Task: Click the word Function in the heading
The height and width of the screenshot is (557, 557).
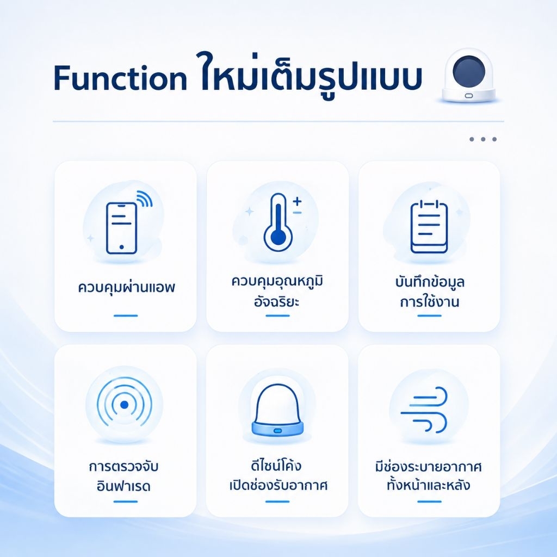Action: [120, 77]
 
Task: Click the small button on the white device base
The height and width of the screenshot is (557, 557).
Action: [469, 96]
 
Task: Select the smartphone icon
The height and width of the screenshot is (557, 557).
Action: [121, 228]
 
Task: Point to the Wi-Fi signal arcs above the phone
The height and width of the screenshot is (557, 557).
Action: [145, 198]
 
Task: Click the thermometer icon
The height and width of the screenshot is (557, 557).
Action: [278, 222]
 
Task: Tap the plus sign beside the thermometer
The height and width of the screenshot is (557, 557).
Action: [297, 201]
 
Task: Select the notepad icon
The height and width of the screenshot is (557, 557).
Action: [429, 227]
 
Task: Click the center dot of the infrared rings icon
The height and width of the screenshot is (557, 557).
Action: [124, 405]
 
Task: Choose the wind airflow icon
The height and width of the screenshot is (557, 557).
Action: [424, 410]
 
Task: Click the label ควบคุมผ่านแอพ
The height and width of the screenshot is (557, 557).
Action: [126, 287]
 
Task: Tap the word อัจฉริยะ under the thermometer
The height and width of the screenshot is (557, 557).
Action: [277, 301]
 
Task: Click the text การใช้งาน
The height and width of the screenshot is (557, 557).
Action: [429, 301]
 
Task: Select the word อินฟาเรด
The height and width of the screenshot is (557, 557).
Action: [123, 486]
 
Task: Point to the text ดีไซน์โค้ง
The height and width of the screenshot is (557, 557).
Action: [276, 466]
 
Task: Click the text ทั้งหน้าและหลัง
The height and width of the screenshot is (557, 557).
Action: [429, 485]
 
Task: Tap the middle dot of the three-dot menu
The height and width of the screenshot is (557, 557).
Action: [483, 139]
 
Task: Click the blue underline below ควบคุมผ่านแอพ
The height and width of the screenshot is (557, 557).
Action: [126, 315]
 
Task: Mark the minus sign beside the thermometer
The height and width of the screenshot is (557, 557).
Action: [298, 213]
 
